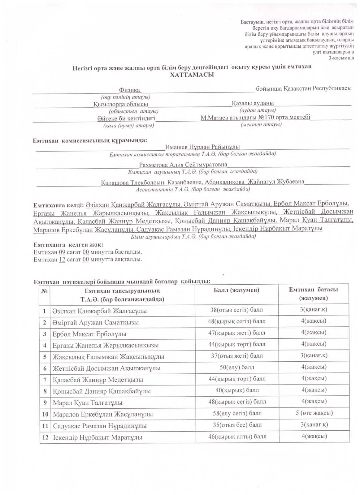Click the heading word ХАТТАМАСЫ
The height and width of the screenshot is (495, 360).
[x=192, y=75]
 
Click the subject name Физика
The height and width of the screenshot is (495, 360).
[x=129, y=90]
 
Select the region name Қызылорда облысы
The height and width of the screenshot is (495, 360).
[x=120, y=105]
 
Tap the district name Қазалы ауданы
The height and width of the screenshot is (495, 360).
[x=253, y=103]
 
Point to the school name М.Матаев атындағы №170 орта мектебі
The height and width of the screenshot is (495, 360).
[x=255, y=118]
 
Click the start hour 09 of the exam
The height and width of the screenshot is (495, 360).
[x=62, y=252]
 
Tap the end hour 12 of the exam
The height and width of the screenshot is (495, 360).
[x=62, y=260]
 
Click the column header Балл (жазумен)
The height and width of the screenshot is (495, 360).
[x=236, y=290]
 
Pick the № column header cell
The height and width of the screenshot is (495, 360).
[x=45, y=291]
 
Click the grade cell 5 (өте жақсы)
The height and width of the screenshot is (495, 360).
[x=314, y=413]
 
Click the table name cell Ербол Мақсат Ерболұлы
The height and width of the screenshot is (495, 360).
[x=89, y=334]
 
